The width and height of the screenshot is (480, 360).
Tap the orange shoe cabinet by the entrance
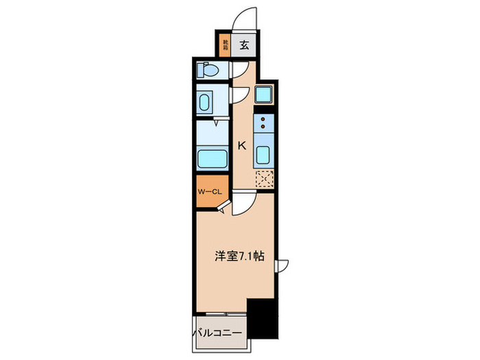224,46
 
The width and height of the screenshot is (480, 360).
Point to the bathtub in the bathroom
212,159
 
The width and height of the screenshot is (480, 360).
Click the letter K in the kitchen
241,145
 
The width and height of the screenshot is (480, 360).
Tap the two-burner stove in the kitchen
263,123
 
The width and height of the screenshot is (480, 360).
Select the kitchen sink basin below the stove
263,152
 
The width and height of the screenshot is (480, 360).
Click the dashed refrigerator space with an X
263,179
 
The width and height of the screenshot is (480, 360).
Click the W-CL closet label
209,192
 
